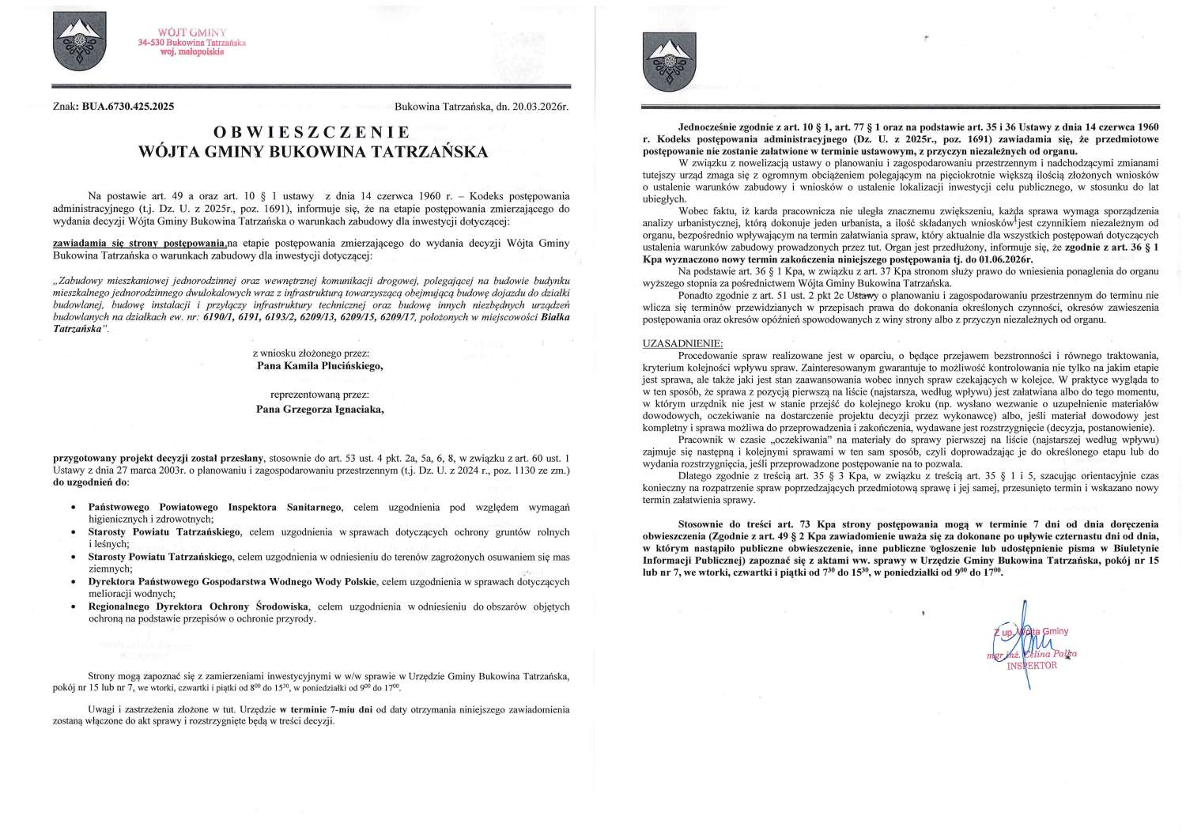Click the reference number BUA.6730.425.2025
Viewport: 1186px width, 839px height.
click(x=127, y=106)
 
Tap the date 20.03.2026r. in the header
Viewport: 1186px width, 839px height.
click(x=537, y=106)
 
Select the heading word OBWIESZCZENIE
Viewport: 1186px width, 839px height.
click(x=311, y=132)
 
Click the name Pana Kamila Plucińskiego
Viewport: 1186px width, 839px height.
click(x=310, y=366)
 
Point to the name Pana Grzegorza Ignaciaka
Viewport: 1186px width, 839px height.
click(x=310, y=410)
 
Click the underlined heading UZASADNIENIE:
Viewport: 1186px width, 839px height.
click(x=682, y=344)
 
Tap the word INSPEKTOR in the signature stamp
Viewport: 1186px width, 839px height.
click(x=1031, y=666)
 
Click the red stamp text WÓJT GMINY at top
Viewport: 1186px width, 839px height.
click(x=192, y=32)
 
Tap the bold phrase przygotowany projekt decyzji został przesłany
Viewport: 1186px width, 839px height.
click(x=160, y=458)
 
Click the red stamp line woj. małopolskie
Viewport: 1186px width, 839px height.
click(x=191, y=51)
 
